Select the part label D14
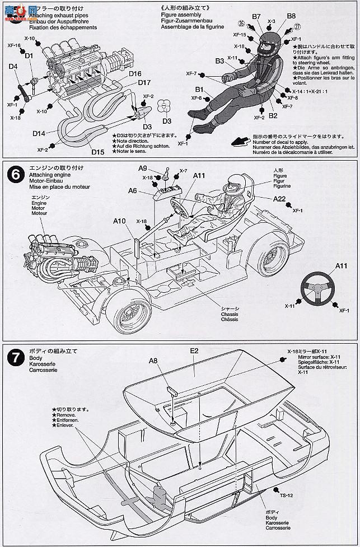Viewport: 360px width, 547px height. [x=39, y=133]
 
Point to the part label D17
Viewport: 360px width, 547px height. [x=129, y=82]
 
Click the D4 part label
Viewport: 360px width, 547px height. [x=13, y=67]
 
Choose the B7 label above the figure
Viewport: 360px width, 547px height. [x=256, y=16]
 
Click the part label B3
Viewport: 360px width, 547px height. [x=219, y=60]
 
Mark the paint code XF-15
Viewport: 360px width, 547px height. [x=239, y=34]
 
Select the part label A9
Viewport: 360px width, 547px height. [x=143, y=169]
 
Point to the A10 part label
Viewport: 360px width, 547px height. [x=118, y=221]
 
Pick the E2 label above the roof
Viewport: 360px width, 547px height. [x=194, y=351]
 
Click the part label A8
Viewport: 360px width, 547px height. [x=153, y=361]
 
